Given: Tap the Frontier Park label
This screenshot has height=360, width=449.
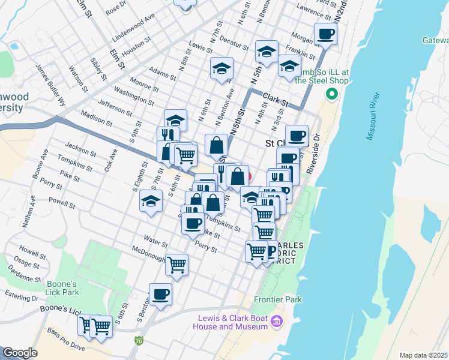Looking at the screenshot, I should coord(278,299).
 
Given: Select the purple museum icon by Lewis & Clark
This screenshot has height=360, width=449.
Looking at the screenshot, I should coord(277,322).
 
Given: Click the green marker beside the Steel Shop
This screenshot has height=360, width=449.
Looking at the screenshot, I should coord(330,94).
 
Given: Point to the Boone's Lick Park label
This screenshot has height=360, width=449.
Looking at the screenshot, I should coord(62,288).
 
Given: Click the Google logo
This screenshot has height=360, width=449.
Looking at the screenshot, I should coord(20,353).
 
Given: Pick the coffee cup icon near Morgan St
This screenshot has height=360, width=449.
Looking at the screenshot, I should coord(326,35).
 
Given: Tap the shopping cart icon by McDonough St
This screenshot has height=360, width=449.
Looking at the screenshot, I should coord(176,264).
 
